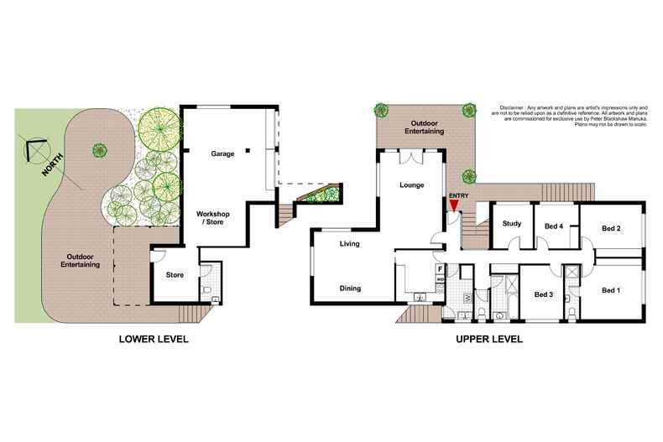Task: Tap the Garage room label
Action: pos(222,153)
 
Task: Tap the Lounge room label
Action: pos(410,185)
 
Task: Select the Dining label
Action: pos(350,289)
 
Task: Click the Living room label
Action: pos(350,245)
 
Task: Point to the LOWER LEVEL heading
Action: pos(153,340)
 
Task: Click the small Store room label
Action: pos(175,274)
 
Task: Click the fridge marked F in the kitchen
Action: pos(440,269)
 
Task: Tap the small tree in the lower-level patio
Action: pos(100,150)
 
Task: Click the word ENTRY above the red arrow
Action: pos(458,195)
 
